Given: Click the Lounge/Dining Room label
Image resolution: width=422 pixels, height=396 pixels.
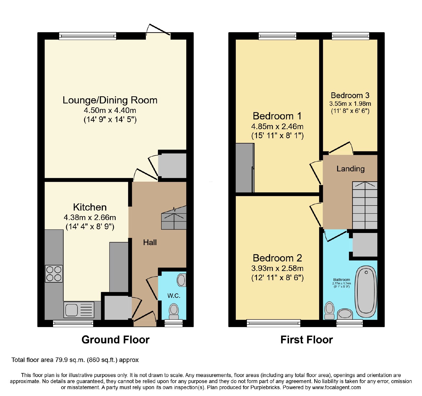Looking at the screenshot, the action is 110,100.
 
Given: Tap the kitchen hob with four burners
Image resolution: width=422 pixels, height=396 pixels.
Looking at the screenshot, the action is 54,274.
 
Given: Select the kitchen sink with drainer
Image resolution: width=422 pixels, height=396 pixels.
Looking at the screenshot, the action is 79,310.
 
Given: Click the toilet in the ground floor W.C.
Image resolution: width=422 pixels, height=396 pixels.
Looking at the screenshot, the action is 174,311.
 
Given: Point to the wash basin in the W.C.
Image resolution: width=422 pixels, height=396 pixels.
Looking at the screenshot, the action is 181,280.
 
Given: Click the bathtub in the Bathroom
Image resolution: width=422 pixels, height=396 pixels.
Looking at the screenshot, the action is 366,292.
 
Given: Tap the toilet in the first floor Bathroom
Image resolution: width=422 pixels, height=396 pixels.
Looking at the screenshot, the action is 329,311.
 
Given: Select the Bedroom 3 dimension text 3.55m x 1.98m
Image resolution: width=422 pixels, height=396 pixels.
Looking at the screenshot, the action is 350,104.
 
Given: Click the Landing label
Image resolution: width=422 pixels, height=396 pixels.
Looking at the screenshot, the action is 351,169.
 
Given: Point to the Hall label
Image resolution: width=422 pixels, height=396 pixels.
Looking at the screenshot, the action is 150,242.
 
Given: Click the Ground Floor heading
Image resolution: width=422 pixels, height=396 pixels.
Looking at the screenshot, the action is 116,340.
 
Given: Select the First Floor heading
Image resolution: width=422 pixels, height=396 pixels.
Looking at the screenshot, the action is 306,340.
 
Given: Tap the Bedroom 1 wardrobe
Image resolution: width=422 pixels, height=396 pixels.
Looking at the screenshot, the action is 245,168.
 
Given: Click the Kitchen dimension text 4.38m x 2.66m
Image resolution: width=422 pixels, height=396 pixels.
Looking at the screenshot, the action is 90,218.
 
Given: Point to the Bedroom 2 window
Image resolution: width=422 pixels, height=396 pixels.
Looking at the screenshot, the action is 274,323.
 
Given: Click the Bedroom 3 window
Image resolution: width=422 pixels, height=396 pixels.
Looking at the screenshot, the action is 350,36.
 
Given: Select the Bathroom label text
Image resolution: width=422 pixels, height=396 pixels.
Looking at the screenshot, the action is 342,280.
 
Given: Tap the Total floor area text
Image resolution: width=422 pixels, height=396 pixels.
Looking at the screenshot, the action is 75,360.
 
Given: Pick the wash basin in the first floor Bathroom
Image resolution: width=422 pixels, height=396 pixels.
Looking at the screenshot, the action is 345,314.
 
